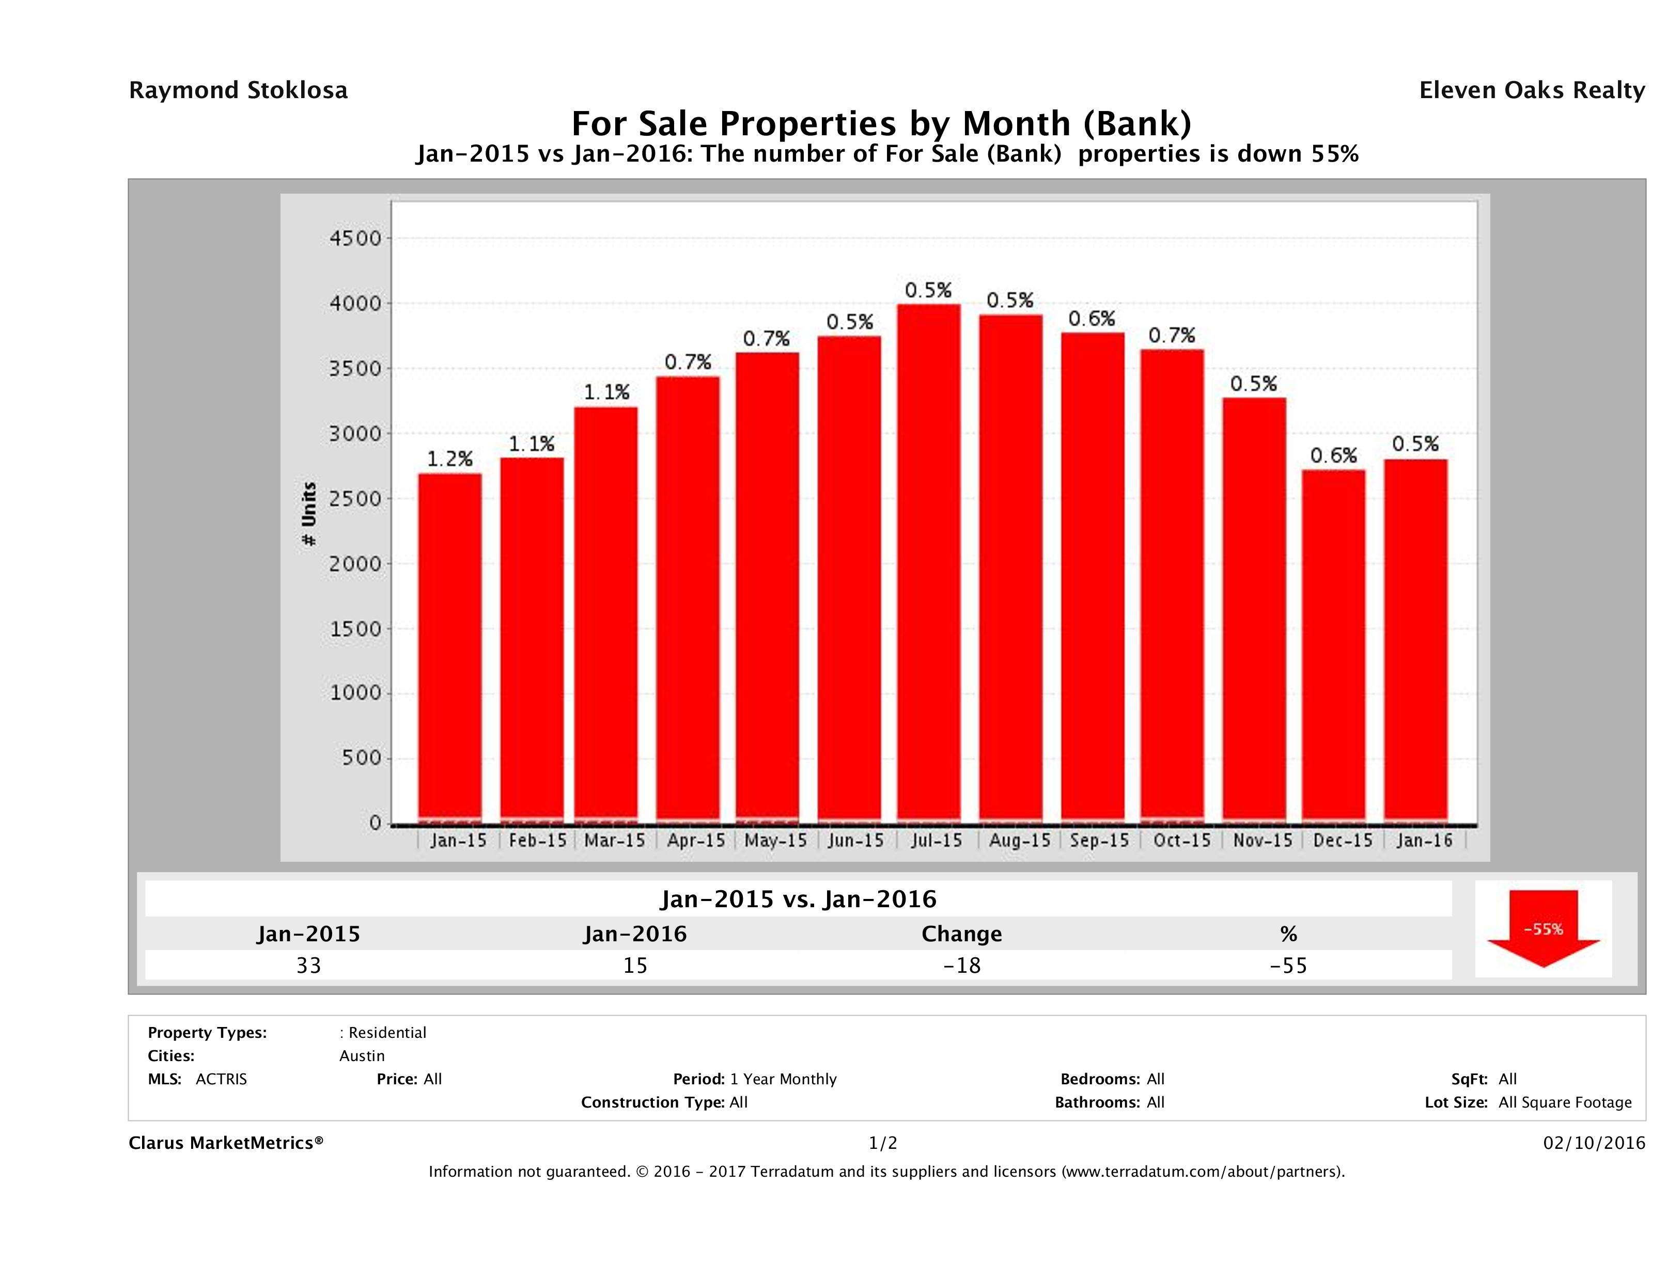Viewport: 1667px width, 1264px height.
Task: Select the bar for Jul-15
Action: tap(928, 561)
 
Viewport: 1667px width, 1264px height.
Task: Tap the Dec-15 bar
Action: tap(1333, 645)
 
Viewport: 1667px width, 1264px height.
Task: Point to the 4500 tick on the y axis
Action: tap(356, 239)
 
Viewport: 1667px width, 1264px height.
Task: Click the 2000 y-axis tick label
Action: tap(356, 563)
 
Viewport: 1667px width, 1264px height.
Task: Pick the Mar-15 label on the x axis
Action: tap(614, 840)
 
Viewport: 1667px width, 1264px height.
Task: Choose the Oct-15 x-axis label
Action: tap(1181, 840)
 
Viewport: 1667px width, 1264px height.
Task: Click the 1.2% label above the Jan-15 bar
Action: tap(450, 459)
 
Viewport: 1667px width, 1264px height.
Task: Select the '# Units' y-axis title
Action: tap(309, 514)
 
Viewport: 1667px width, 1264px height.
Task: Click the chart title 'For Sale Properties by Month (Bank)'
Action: tap(881, 123)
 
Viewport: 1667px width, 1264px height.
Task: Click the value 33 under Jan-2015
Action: tap(309, 965)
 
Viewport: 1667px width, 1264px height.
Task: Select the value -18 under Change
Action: tap(962, 965)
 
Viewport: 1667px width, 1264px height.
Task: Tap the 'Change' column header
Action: tap(962, 934)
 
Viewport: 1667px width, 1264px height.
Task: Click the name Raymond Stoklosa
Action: tap(238, 90)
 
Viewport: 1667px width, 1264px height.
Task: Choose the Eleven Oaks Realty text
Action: tap(1531, 90)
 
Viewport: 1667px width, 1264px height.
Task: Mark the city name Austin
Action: tap(362, 1056)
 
